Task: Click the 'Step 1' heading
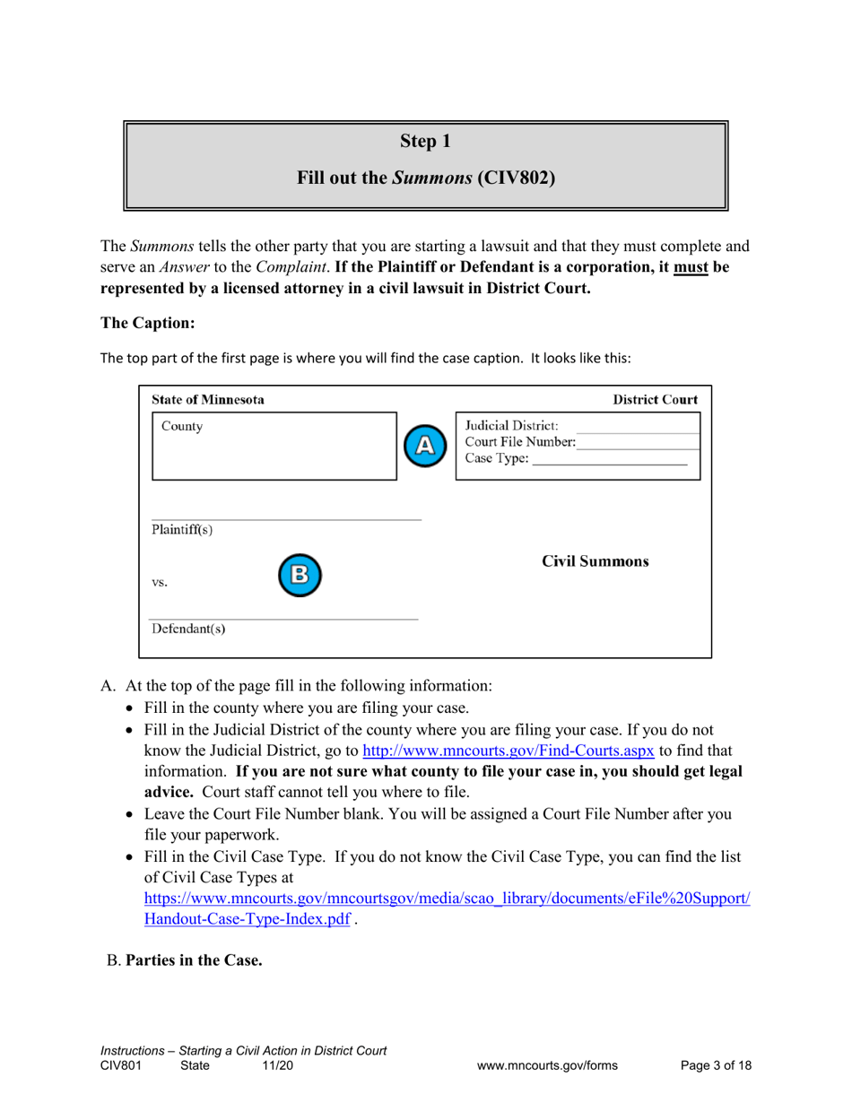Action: pos(425,141)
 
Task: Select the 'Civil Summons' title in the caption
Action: pos(596,562)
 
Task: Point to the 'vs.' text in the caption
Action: pos(161,581)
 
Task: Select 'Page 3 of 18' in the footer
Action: pos(716,1065)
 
